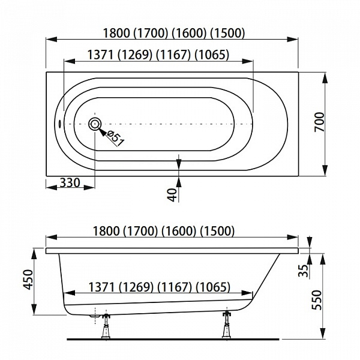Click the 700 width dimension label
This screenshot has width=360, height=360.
(x=320, y=122)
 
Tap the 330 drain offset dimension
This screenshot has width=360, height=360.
(x=70, y=183)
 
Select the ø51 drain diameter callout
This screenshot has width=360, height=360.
(x=115, y=139)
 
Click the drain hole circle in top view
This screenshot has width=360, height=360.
(x=95, y=124)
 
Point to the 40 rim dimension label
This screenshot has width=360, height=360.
(x=172, y=194)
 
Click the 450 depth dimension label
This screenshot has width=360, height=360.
(x=28, y=280)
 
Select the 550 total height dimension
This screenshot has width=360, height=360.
(x=317, y=301)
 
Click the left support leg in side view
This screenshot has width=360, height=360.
(x=106, y=326)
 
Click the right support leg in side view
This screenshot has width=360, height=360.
(x=227, y=325)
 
